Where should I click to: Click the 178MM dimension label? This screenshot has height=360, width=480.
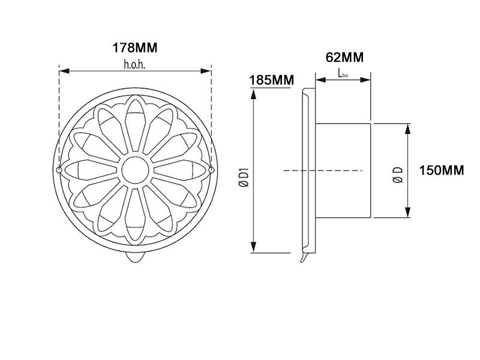[135, 48]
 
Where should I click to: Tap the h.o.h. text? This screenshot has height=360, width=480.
[134, 65]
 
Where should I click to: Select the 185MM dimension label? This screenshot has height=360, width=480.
[272, 80]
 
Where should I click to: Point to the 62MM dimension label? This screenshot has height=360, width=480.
[344, 57]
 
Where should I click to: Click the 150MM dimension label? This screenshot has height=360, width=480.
[442, 170]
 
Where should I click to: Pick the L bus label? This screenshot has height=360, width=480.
[343, 73]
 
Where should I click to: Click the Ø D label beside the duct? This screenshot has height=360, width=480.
[398, 175]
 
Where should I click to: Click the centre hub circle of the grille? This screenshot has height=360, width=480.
[136, 170]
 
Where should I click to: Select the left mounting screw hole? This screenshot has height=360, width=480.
[59, 170]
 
